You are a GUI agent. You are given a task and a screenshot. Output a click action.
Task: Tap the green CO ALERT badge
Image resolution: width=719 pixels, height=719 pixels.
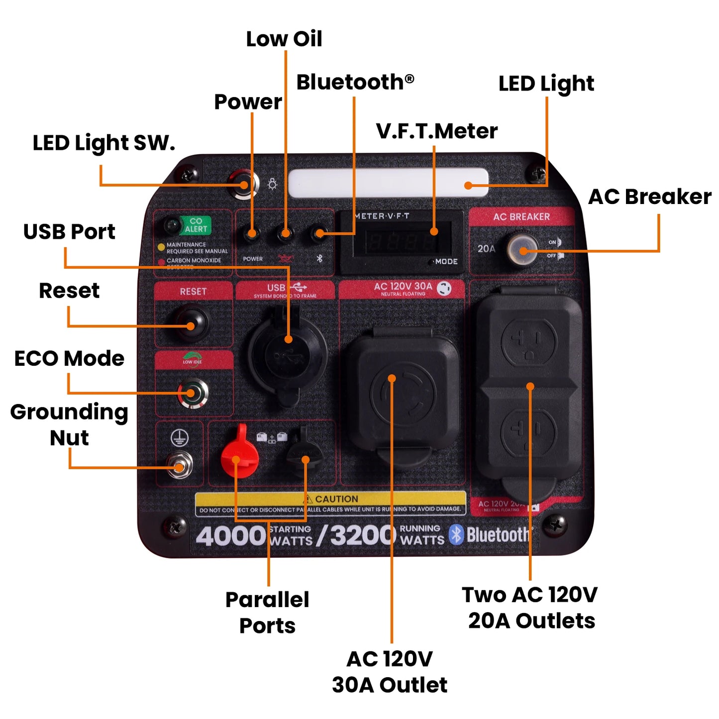coord(196,225)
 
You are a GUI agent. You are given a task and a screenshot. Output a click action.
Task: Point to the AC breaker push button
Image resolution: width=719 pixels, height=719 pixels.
coord(522,249)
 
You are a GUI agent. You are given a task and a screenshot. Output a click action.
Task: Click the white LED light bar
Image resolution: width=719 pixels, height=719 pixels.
coord(388,183)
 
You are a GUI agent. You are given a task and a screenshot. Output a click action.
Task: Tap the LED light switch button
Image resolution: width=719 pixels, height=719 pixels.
coord(243,185)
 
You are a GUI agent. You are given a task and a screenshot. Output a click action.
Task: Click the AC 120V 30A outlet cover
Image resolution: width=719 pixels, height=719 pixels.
coord(403,393)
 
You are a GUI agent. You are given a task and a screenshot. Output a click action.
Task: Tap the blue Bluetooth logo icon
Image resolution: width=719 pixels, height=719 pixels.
coord(456,534)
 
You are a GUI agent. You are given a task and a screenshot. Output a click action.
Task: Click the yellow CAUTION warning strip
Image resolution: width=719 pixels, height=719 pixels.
coord(330,499)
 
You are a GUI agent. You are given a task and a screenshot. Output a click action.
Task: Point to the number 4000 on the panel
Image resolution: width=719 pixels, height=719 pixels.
coord(231,535)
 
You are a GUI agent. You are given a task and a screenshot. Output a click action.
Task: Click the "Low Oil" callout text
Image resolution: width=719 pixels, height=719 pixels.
coord(284,39)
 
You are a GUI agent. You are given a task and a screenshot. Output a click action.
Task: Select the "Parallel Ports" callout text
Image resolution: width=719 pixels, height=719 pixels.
coord(267,612)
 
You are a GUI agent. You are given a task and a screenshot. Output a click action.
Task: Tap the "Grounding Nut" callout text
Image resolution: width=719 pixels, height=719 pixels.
coord(69,424)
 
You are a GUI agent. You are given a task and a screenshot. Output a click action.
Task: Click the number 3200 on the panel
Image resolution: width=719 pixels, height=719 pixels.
coord(363,535)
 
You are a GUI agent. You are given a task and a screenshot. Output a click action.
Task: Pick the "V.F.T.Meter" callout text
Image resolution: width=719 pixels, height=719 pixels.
coord(436,131)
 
